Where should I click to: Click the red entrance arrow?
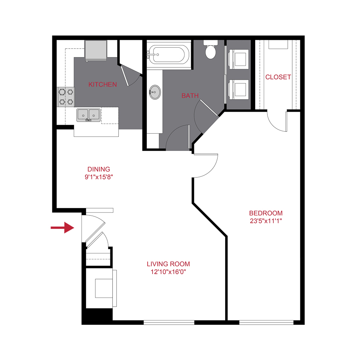(x=62, y=228)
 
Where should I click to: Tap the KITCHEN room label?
(x=103, y=84)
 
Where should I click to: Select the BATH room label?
(x=190, y=96)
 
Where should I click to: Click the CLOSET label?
(x=278, y=77)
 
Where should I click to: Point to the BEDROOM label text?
(x=266, y=213)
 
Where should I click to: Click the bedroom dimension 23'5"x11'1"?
(x=266, y=220)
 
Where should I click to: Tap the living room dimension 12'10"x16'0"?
(x=168, y=272)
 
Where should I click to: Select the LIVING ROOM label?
(x=168, y=264)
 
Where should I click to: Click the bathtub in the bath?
(x=169, y=54)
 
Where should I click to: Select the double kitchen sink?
(x=88, y=115)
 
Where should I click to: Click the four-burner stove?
(x=66, y=97)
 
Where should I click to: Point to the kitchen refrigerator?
(x=96, y=50)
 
